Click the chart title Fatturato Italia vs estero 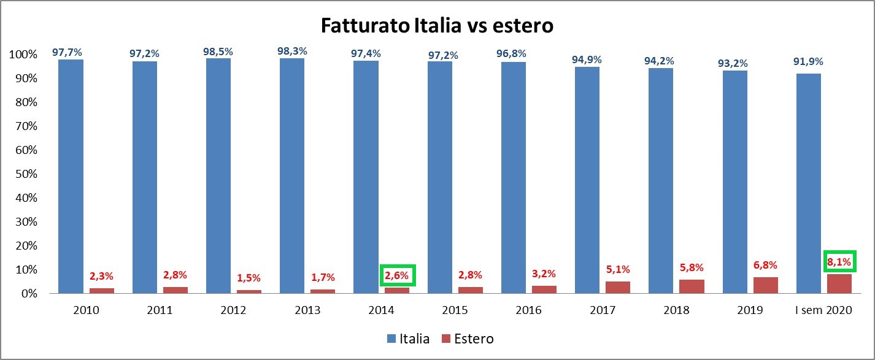437,26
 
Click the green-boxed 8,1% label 839,262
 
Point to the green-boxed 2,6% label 398,275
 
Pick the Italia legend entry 408,339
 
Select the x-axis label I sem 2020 823,310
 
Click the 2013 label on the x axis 307,310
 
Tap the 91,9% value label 808,61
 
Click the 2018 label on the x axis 676,310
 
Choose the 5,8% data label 691,267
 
